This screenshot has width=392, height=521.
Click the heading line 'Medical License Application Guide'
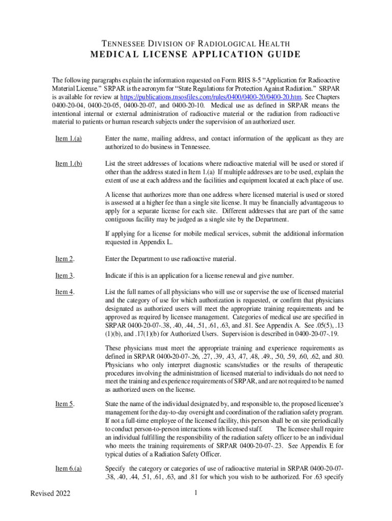[195, 55]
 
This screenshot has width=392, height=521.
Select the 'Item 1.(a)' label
[69, 138]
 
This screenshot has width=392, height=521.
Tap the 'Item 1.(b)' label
[69, 163]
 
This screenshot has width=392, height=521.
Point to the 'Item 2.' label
[65, 259]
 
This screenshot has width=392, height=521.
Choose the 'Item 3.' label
[65, 275]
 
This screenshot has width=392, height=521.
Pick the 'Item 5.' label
[65, 404]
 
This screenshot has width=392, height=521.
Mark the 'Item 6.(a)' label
[69, 469]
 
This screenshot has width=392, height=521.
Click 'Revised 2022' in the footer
[50, 494]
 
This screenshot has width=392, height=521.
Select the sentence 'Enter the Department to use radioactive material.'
[171, 259]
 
